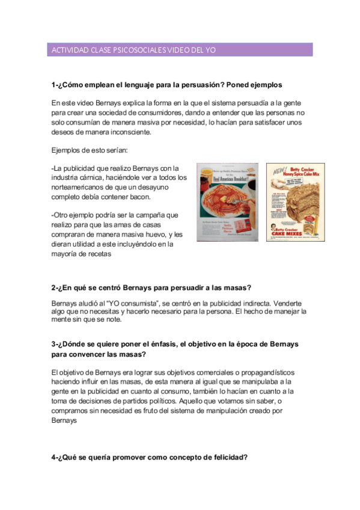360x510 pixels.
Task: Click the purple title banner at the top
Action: pos(180,50)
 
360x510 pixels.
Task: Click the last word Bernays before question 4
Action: pos(65,421)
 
